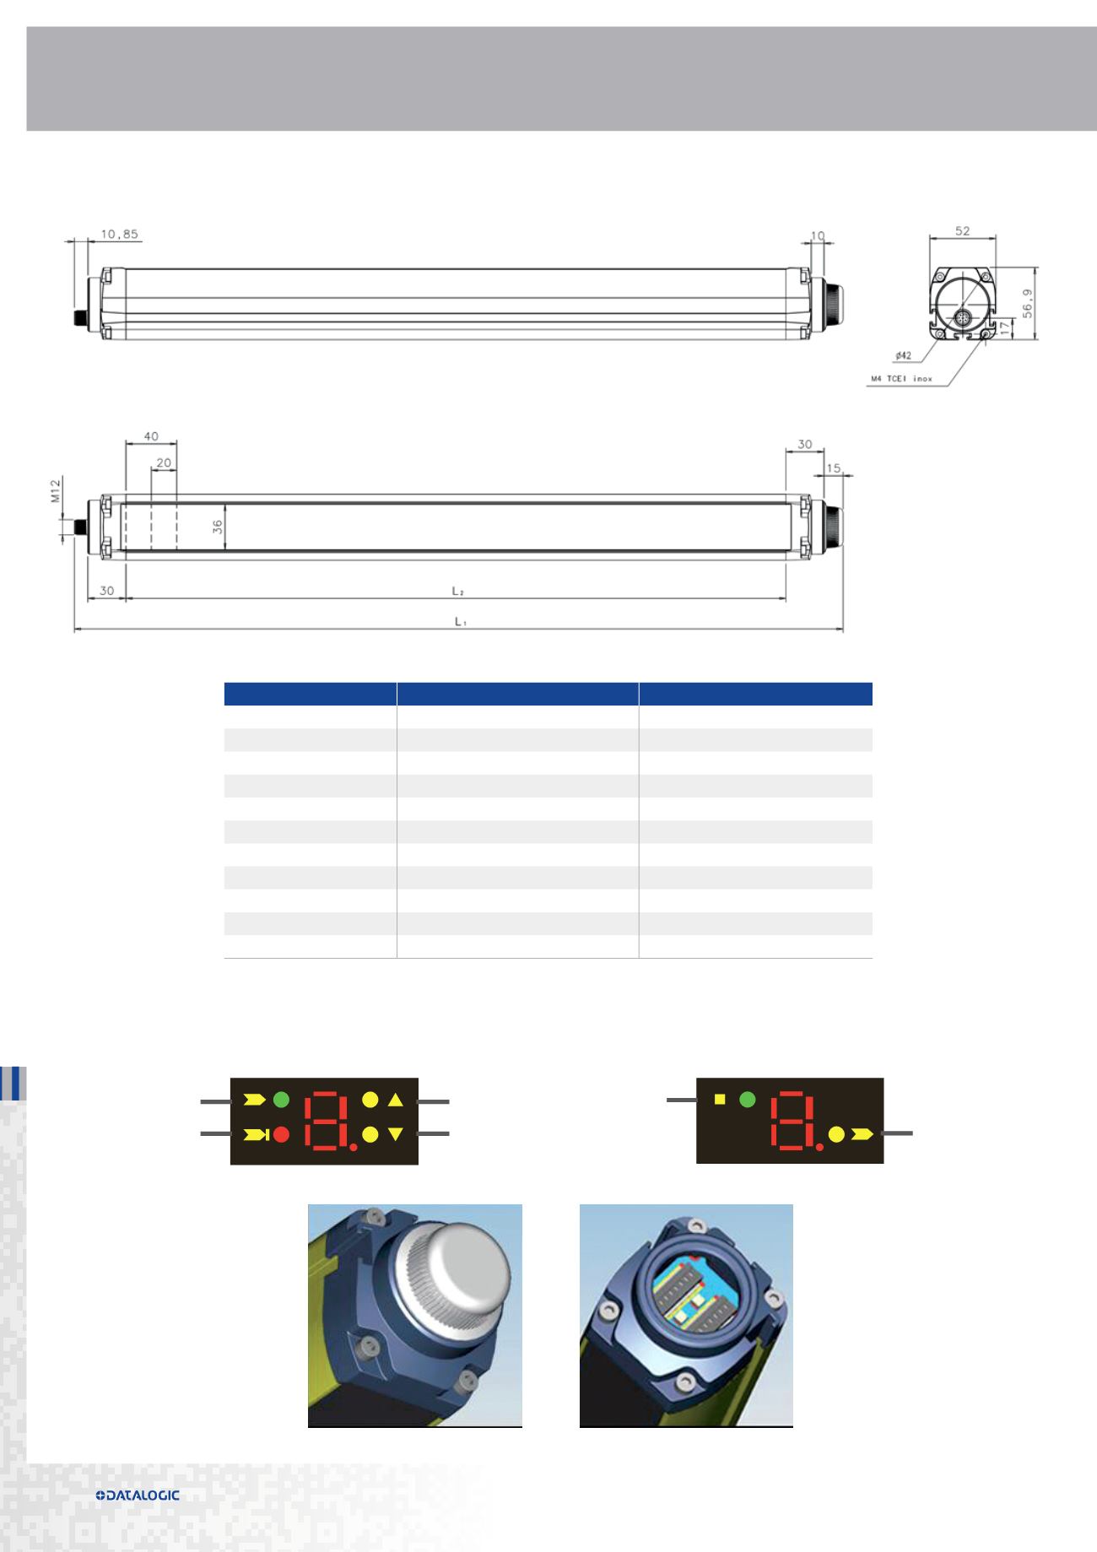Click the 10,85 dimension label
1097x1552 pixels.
tap(118, 235)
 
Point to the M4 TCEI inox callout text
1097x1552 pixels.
tap(901, 379)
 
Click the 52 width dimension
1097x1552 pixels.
tap(962, 230)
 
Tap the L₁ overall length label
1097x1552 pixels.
tap(461, 622)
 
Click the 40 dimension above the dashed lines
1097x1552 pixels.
tap(150, 436)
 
